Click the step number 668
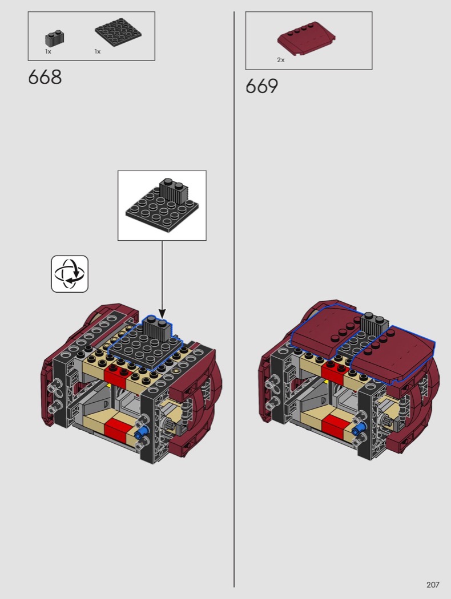(x=45, y=77)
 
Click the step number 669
(x=262, y=86)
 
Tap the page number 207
(x=433, y=585)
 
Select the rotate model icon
(x=70, y=274)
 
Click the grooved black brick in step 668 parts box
(x=55, y=38)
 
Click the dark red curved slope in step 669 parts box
(x=307, y=39)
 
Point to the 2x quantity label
(x=281, y=60)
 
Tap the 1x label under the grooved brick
(x=48, y=51)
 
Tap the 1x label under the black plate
(x=98, y=51)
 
